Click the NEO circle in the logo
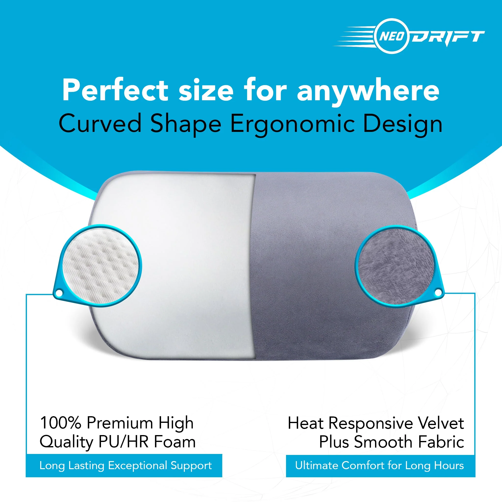pos(392,36)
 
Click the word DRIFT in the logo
pos(448,37)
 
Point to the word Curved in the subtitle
pos(100,124)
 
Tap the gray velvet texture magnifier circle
pos(395,267)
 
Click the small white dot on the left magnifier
pos(59,293)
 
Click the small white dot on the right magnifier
pos(438,293)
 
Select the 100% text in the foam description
pos(61,423)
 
